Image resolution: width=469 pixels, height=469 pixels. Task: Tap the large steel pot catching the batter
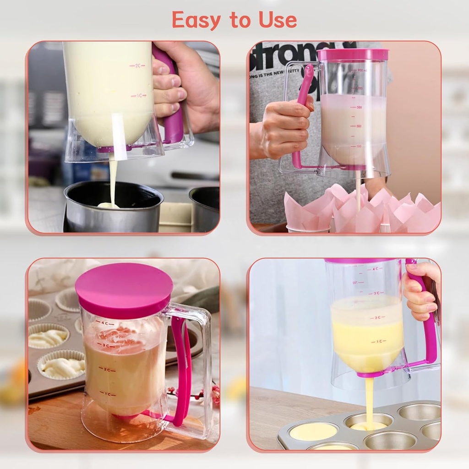(x=114, y=206)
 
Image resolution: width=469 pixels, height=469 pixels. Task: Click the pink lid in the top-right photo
(x=353, y=55)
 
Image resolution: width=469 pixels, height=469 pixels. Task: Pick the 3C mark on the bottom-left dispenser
(x=106, y=345)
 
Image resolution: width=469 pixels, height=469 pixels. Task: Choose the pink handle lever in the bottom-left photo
(x=183, y=366)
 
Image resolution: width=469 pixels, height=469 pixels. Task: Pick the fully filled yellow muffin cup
(x=314, y=431)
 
